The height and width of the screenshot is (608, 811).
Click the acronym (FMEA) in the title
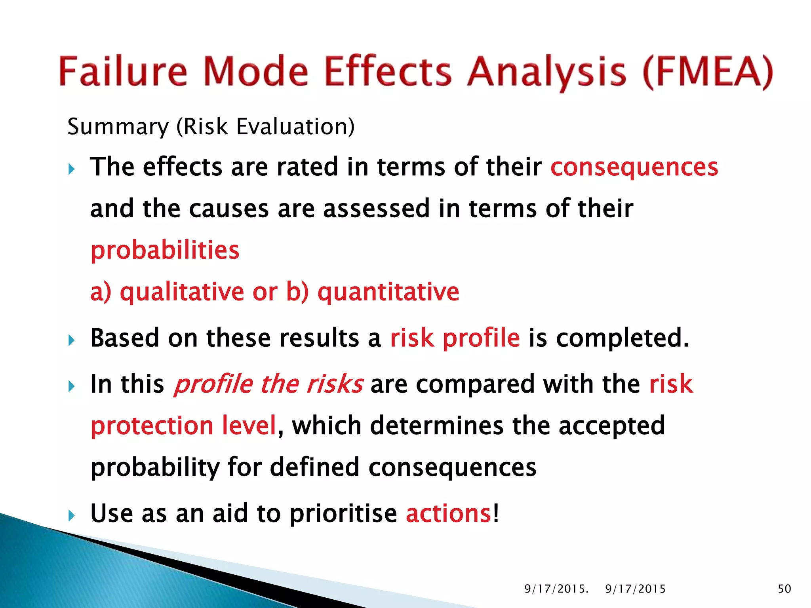coord(708,72)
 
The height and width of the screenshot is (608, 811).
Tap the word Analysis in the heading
coord(546,72)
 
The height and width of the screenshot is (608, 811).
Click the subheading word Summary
coord(118,127)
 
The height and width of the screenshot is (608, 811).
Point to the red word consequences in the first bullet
coord(634,167)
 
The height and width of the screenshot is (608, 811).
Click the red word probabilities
coord(165,250)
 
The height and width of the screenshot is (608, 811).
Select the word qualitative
coord(182,292)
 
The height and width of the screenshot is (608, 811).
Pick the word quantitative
coord(388,292)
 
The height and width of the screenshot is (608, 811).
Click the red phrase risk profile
coord(455,338)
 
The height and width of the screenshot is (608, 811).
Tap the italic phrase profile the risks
coord(268,384)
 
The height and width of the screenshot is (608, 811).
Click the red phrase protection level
coord(183,426)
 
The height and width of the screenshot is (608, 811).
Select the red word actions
coord(449,513)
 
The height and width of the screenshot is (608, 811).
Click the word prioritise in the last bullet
coord(343,513)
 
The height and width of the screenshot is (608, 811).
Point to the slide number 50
coord(784,589)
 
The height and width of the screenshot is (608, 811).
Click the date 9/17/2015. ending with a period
coord(556,589)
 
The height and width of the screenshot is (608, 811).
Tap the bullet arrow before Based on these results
coord(72,340)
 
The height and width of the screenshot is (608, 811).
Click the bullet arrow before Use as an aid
coord(72,515)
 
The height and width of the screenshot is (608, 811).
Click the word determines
coord(437,426)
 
